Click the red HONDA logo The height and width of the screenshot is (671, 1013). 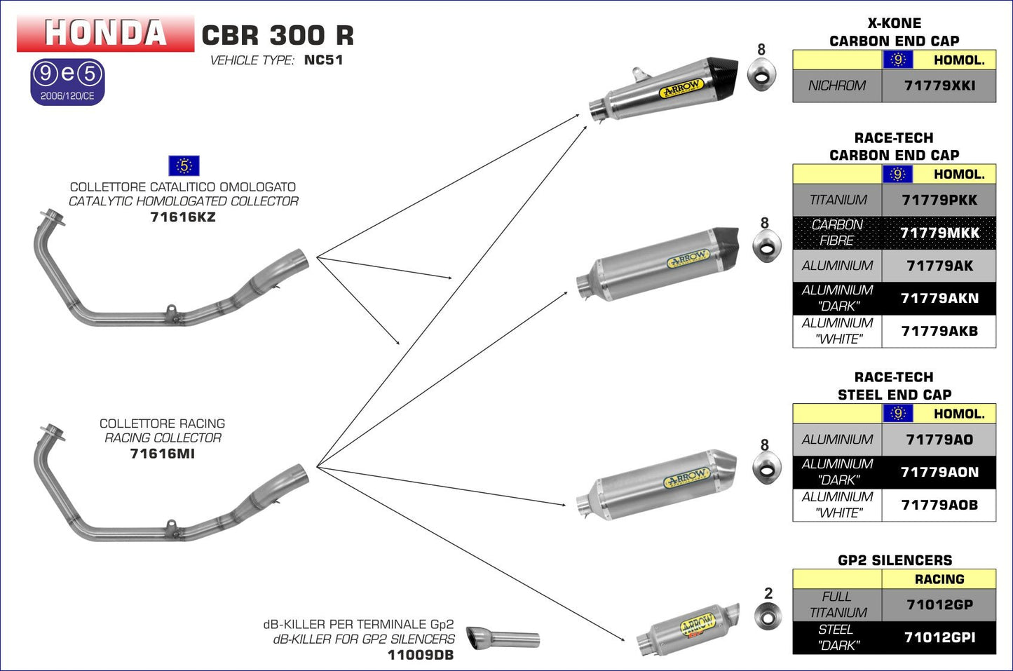click(105, 33)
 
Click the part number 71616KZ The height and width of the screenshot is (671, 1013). click(183, 217)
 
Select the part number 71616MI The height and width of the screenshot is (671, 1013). click(163, 454)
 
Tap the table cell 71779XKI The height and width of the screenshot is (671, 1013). click(939, 86)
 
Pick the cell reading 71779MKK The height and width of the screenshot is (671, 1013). click(939, 233)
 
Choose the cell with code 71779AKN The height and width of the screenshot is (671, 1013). click(939, 299)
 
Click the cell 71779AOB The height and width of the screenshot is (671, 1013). click(939, 505)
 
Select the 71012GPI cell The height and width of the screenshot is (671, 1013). click(939, 637)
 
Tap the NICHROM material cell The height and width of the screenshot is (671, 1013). click(837, 86)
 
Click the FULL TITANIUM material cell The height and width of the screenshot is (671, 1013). click(837, 604)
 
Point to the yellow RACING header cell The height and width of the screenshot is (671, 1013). click(939, 579)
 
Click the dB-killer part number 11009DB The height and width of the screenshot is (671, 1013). click(421, 656)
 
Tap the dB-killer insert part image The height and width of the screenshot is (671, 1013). click(503, 638)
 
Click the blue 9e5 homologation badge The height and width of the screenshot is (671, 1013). click(67, 82)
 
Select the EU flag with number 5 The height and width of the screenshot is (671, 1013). click(184, 166)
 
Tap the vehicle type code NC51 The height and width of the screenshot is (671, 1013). click(323, 60)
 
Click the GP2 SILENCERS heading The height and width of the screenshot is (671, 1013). click(895, 560)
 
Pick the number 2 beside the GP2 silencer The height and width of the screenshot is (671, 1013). click(768, 593)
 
